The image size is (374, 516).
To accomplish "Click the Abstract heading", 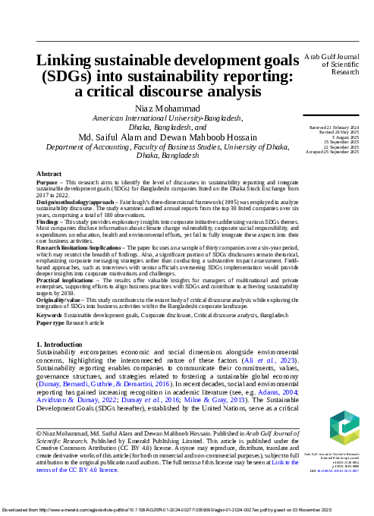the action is [x=49, y=174].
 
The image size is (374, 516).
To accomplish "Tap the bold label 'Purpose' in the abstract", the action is [x=48, y=183].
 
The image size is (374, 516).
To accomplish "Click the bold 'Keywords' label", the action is [x=50, y=313].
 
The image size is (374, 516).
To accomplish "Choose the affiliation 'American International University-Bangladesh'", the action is [x=168, y=119].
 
